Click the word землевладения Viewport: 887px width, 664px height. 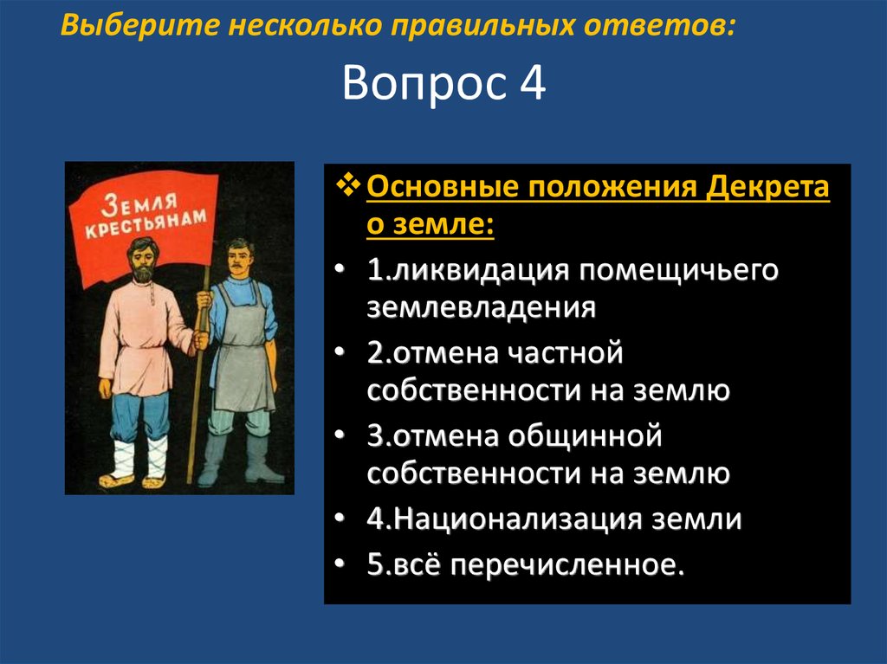point(482,308)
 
